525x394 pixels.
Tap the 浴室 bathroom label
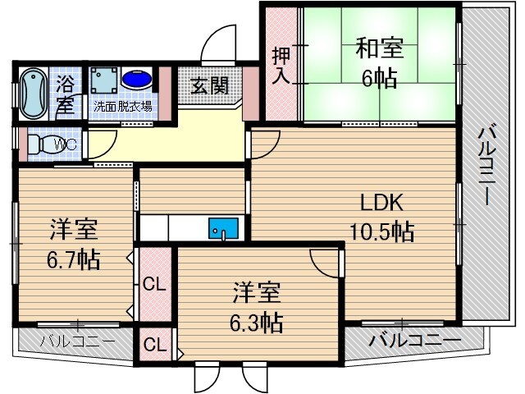66,94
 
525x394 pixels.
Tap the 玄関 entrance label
210,86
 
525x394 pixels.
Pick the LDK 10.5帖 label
379,217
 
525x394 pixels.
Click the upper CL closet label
153,286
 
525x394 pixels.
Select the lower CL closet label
153,344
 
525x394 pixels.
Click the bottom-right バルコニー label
414,340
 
